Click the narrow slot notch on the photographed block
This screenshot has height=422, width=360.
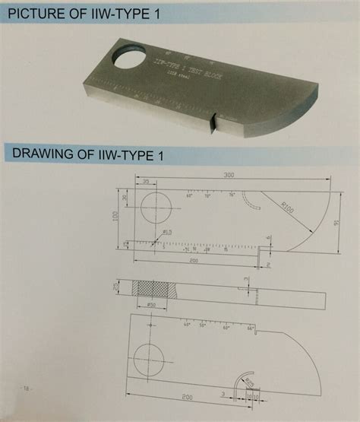[x=213, y=122]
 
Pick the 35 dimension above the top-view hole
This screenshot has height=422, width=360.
[x=144, y=182]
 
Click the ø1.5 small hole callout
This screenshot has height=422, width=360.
[x=166, y=232]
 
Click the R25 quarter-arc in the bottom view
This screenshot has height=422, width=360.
[x=245, y=383]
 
